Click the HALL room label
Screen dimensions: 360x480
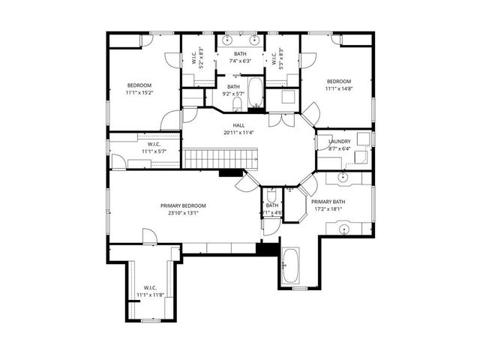[x=238, y=125]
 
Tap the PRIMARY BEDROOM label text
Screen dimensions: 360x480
[x=182, y=205]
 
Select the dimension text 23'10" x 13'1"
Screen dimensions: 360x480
[x=182, y=213]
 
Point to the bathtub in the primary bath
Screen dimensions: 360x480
[x=289, y=265]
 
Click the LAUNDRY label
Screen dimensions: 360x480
[x=339, y=141]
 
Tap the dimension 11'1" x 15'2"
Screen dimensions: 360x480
[x=139, y=93]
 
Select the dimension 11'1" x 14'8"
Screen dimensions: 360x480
[x=338, y=88]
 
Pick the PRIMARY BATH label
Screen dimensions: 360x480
[x=328, y=202]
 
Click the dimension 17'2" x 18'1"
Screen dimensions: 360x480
[x=328, y=209]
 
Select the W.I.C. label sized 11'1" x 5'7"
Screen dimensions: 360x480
[x=154, y=144]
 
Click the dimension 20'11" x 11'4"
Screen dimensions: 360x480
[x=238, y=133]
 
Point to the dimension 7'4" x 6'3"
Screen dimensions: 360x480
[x=239, y=61]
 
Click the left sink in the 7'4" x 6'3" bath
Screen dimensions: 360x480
[x=227, y=39]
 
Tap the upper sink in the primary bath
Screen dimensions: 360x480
[x=343, y=178]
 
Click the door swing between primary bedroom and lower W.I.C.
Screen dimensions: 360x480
[x=151, y=236]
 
